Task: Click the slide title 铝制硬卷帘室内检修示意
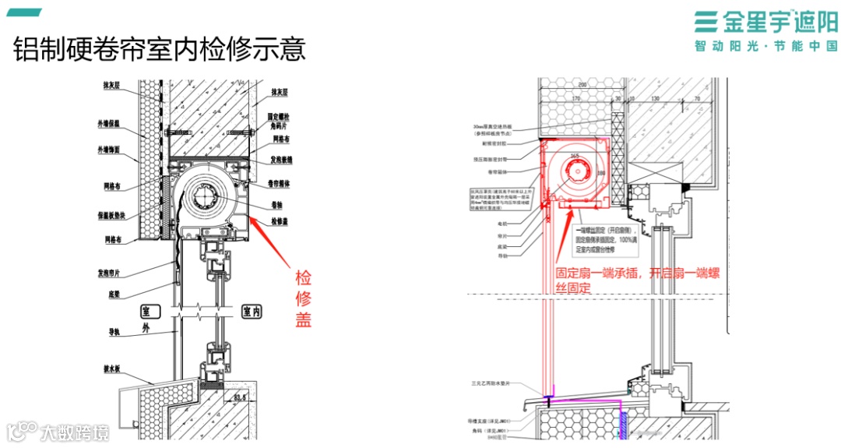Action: (x=160, y=49)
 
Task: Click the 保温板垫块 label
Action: (x=109, y=216)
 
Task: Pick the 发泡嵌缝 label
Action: (x=282, y=160)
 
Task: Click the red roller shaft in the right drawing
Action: (x=577, y=173)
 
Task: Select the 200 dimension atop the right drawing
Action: (x=581, y=83)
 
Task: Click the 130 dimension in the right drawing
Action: (x=655, y=99)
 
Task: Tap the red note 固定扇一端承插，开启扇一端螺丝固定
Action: (x=636, y=280)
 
